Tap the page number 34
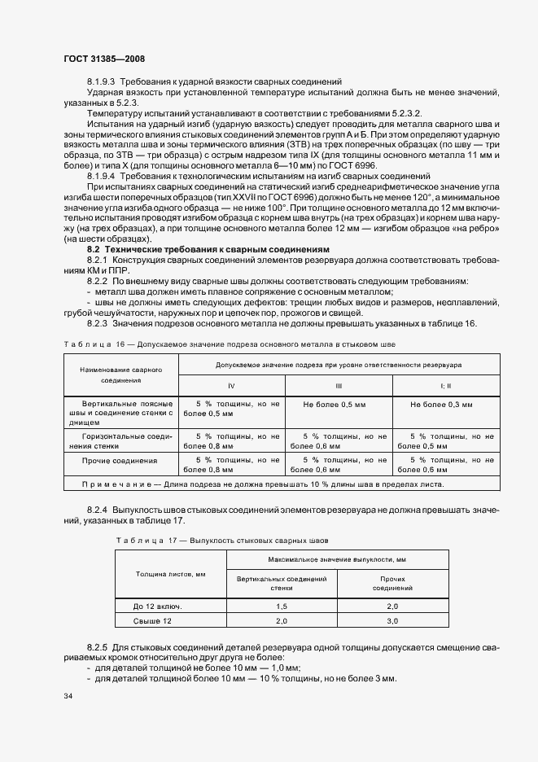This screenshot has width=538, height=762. (68, 697)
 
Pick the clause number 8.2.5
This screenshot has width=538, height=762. (98, 646)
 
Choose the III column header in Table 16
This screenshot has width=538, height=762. (338, 384)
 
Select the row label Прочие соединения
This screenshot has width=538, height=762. (120, 461)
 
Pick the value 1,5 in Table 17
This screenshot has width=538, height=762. (281, 607)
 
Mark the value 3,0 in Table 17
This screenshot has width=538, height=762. (392, 622)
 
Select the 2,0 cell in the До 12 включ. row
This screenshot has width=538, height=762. (392, 607)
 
